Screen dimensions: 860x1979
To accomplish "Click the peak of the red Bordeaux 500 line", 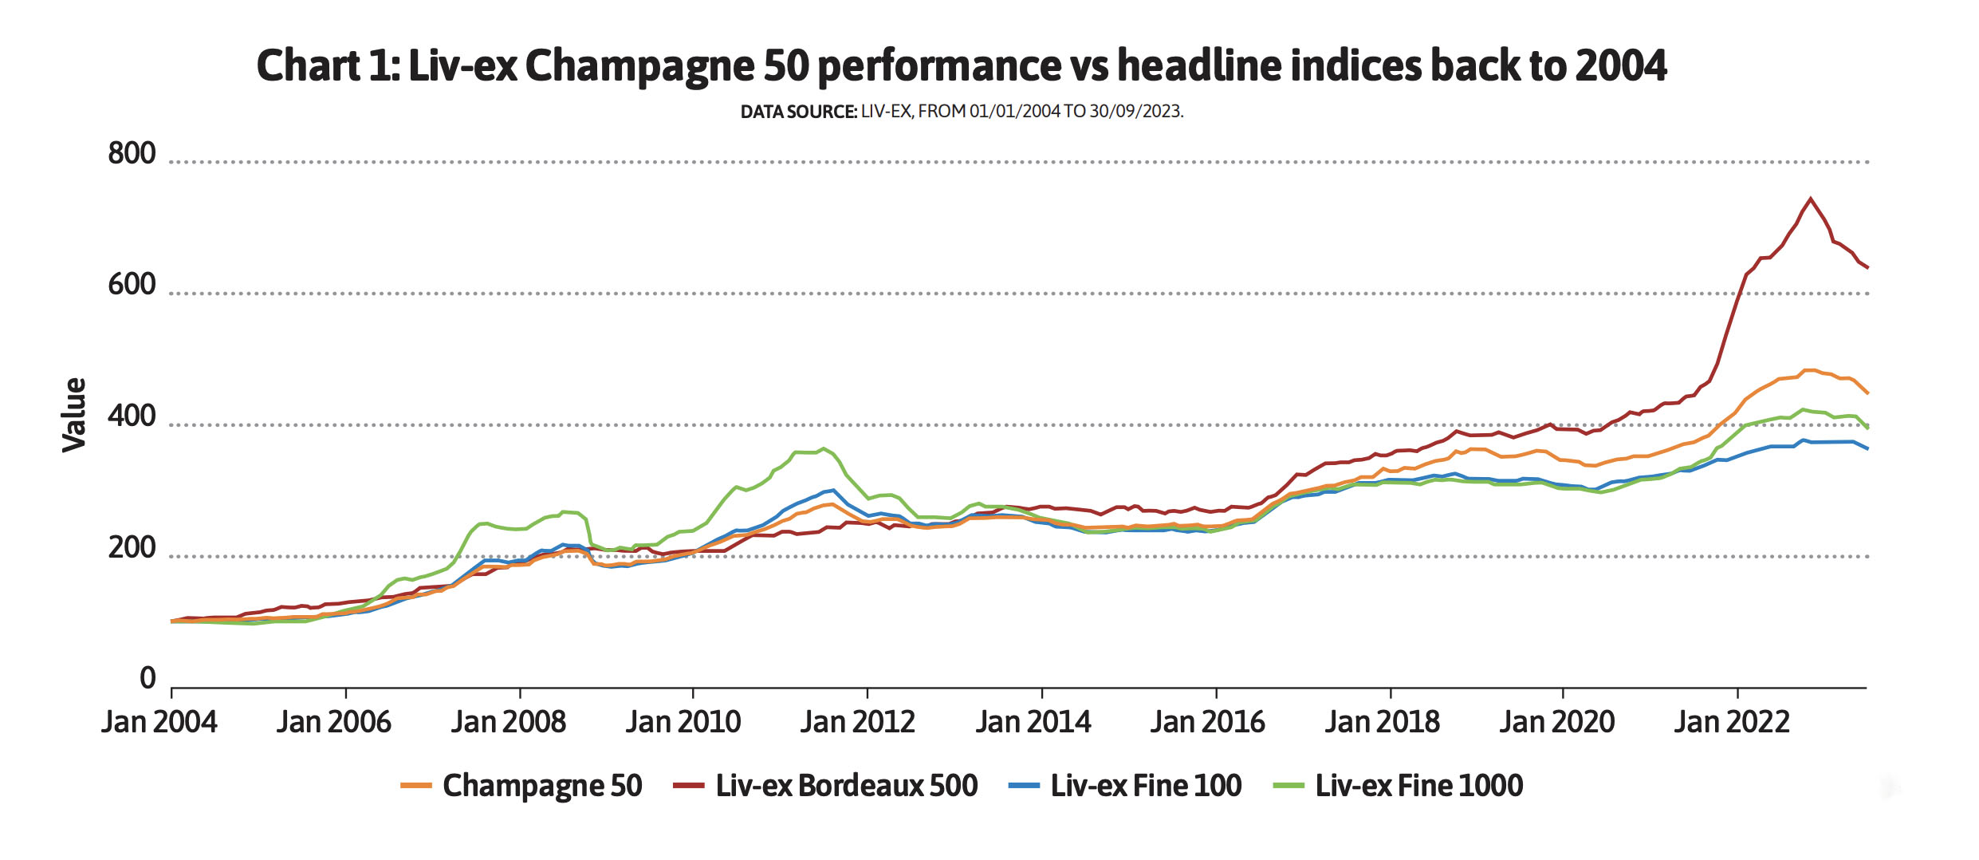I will [x=1811, y=199].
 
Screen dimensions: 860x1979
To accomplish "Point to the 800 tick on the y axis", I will [x=132, y=153].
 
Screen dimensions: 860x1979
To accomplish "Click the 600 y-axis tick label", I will [x=132, y=285].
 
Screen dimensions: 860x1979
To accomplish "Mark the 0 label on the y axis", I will [x=148, y=678].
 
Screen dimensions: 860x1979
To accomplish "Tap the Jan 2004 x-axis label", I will [x=159, y=722].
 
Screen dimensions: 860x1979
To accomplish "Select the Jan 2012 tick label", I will [x=857, y=722].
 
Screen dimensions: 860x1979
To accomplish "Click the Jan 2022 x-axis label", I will [x=1731, y=722].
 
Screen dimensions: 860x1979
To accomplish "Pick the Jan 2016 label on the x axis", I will [x=1207, y=722].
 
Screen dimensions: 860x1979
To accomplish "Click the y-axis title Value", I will [x=74, y=415].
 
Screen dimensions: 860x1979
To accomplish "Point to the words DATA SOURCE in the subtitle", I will [x=798, y=112].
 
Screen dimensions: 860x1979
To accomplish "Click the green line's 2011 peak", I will [x=824, y=448].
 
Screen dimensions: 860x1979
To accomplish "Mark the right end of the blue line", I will [x=1867, y=448].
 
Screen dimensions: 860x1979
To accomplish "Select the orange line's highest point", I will [x=1808, y=370].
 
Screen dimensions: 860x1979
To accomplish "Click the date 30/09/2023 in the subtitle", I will [x=1135, y=112].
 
